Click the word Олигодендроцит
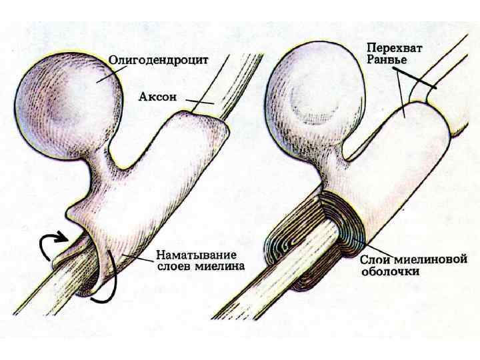pos(159,59)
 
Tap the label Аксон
pos(157,97)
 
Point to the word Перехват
pos(398,49)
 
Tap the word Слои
pos(374,259)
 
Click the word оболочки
pos(390,271)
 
